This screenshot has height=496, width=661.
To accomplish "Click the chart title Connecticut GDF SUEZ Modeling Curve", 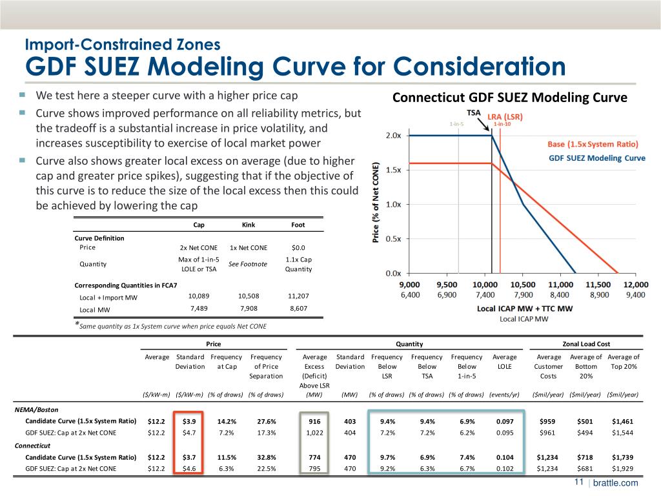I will pyautogui.click(x=510, y=98).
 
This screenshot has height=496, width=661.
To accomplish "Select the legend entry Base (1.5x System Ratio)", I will pyautogui.click(x=593, y=143).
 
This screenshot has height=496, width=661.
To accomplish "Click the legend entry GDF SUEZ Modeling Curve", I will pyautogui.click(x=596, y=158).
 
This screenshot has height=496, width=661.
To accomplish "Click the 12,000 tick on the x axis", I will pyautogui.click(x=636, y=285).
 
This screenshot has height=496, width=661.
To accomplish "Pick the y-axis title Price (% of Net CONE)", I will pyautogui.click(x=376, y=202).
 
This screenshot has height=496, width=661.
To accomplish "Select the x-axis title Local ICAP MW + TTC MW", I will pyautogui.click(x=524, y=309).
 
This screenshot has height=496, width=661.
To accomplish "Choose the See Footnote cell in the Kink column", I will pyautogui.click(x=248, y=263).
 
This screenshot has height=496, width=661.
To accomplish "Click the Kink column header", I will pyautogui.click(x=248, y=225).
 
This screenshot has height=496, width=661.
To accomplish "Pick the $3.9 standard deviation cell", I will pyautogui.click(x=189, y=421).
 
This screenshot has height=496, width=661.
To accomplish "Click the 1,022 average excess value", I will pyautogui.click(x=314, y=433).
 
